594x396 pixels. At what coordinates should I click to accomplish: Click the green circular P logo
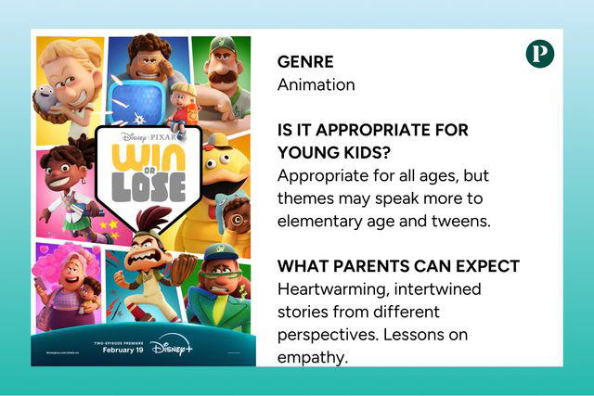pyautogui.click(x=539, y=54)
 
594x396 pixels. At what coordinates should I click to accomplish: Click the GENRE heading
pyautogui.click(x=305, y=62)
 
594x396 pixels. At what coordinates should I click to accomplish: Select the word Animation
pyautogui.click(x=316, y=84)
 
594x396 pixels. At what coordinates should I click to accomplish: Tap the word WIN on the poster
pyautogui.click(x=148, y=159)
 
